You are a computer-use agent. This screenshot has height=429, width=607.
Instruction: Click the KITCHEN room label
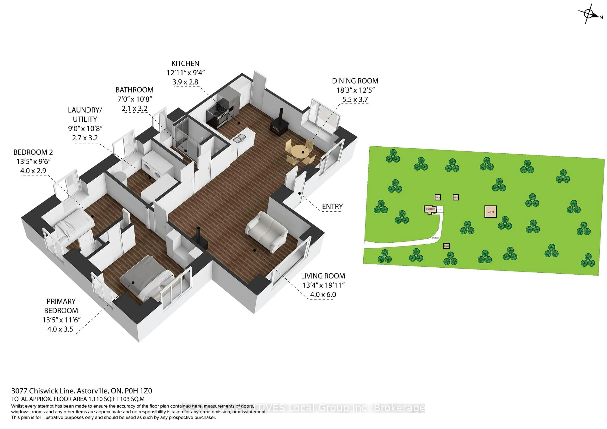[x=185, y=63]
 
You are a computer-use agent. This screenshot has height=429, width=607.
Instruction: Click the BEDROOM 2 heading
[x=33, y=152]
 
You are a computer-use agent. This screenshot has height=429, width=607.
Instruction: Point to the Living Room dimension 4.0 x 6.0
[x=323, y=295]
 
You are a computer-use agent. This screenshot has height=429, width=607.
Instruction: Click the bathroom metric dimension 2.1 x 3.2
[x=134, y=109]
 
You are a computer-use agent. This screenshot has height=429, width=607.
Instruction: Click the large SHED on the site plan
[x=490, y=212]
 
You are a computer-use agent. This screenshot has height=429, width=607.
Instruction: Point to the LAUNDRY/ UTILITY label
[x=85, y=114]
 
